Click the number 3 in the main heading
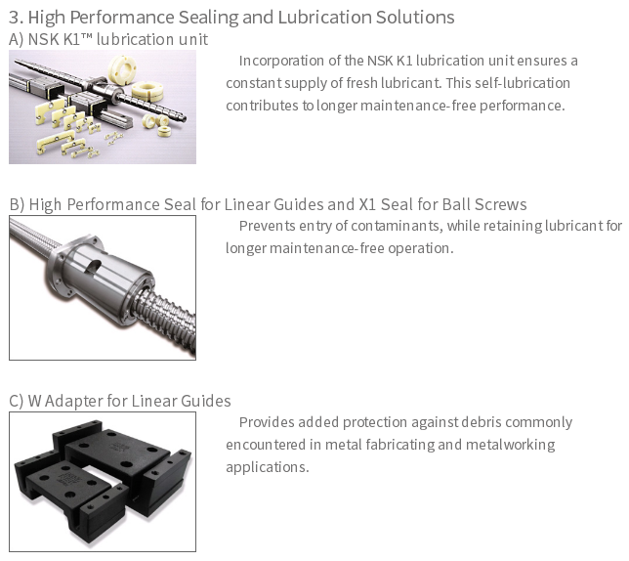tap(14, 18)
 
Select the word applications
tap(268, 468)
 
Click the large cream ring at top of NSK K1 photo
tap(122, 69)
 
